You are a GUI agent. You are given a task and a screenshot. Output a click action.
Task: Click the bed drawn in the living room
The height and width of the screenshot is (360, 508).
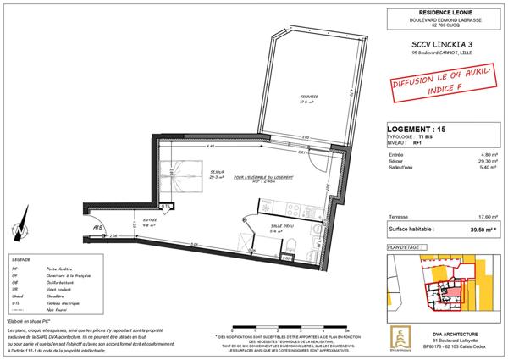[x=179, y=169]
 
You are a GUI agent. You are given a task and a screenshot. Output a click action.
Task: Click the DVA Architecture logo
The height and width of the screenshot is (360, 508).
[x=397, y=335]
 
